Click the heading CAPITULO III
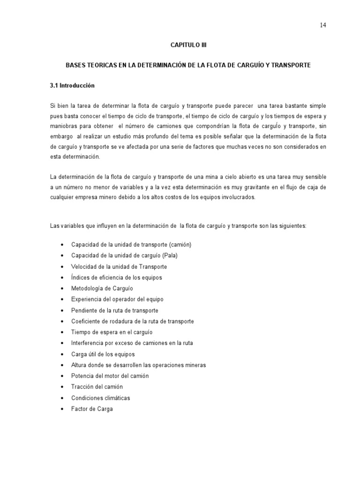click(187, 45)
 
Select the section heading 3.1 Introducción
click(72, 85)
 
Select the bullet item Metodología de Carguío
click(102, 288)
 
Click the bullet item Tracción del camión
click(97, 387)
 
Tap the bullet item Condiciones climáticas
click(101, 398)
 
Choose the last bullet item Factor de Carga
click(92, 409)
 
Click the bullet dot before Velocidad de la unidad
click(62, 267)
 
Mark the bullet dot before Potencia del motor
click(62, 376)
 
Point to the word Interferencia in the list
click(87, 343)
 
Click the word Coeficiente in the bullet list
click(86, 321)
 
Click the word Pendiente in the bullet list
click(84, 310)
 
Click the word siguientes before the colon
click(292, 225)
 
